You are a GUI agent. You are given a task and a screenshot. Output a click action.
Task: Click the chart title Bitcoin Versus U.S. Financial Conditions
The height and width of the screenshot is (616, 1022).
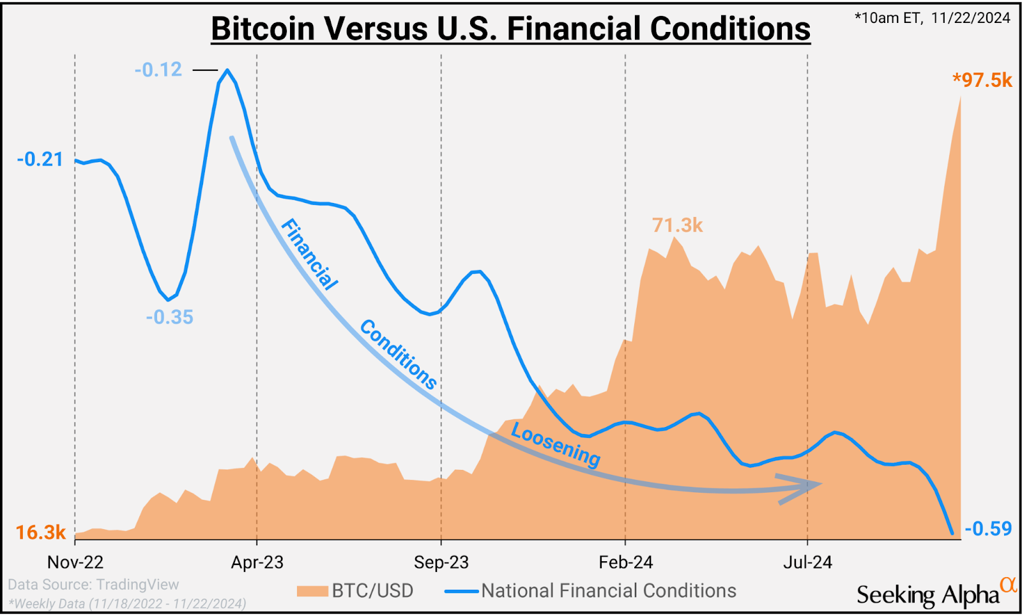(510, 29)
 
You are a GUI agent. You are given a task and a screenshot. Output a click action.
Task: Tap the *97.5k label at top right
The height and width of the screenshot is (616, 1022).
(982, 80)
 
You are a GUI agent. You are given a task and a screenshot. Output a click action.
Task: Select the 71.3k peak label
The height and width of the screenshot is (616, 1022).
(677, 225)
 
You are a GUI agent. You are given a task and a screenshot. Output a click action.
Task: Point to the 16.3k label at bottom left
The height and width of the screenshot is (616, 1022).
(40, 532)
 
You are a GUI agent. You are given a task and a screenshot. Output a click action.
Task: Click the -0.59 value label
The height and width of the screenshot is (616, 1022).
(988, 529)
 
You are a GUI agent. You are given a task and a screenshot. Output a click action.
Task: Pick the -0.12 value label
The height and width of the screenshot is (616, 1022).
(158, 70)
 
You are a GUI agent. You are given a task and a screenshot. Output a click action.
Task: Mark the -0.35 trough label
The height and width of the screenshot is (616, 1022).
(169, 317)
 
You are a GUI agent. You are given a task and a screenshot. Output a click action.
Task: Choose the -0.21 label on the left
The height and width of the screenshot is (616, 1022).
(40, 160)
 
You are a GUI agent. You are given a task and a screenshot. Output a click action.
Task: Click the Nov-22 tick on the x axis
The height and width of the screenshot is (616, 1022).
(75, 562)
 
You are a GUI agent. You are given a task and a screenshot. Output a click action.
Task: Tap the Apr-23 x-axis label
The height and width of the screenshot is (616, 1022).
(257, 562)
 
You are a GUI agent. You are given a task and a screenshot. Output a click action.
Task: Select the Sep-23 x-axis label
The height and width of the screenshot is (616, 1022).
(441, 562)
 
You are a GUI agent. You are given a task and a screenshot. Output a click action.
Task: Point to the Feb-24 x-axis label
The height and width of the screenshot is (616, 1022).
(625, 562)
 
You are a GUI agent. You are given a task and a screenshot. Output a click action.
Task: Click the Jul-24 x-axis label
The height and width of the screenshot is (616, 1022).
(807, 562)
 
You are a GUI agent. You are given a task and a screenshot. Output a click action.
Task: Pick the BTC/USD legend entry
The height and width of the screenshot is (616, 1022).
(355, 591)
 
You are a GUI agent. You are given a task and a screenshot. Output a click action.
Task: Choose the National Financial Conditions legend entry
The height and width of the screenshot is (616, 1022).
(591, 591)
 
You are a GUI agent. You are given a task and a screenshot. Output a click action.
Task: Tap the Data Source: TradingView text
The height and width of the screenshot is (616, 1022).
(93, 585)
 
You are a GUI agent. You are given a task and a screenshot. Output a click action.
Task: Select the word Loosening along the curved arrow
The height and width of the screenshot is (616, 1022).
(556, 445)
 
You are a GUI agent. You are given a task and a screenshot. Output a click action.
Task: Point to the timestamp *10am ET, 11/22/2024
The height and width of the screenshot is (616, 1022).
(933, 18)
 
